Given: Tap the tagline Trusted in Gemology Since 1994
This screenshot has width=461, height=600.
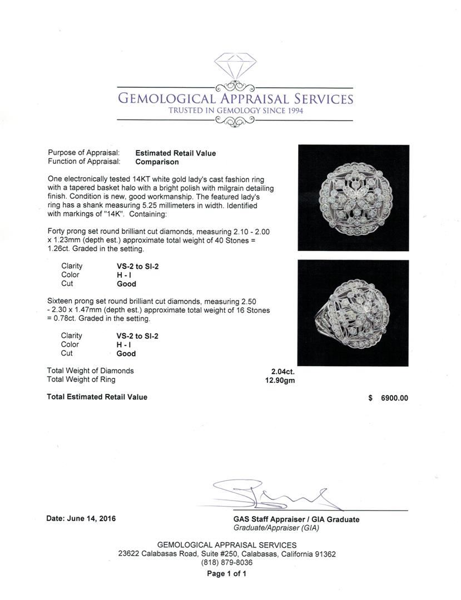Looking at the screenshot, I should pyautogui.click(x=235, y=111).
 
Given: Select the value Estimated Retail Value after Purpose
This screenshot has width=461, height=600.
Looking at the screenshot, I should pyautogui.click(x=175, y=153).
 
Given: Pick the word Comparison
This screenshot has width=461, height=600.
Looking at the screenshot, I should pyautogui.click(x=157, y=162).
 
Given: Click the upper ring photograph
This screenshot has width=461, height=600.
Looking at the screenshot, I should pyautogui.click(x=354, y=198).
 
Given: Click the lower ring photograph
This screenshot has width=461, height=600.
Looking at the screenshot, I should pyautogui.click(x=354, y=312).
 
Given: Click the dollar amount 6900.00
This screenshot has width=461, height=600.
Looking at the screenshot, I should pyautogui.click(x=393, y=398).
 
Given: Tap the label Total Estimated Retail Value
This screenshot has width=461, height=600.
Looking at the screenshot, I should pyautogui.click(x=97, y=397).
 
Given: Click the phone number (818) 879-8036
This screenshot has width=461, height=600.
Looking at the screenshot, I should pyautogui.click(x=226, y=563).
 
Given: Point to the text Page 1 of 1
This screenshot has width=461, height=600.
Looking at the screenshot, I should pyautogui.click(x=226, y=574).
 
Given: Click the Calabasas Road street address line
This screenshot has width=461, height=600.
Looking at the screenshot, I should pyautogui.click(x=227, y=554).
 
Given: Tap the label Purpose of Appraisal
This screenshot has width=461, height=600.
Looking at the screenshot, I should pyautogui.click(x=84, y=153).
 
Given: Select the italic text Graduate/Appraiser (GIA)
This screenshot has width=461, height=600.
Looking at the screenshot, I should pyautogui.click(x=276, y=528).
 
